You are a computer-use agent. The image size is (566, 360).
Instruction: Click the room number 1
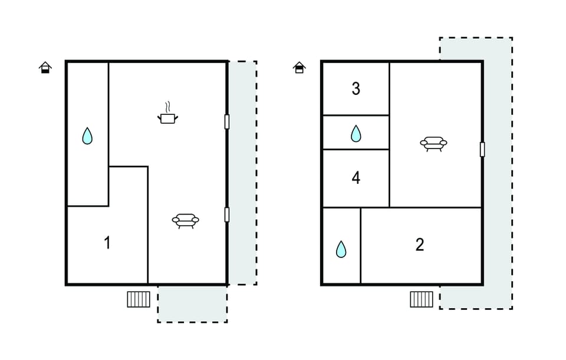click(x=107, y=243)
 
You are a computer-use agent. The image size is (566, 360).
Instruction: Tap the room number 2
click(x=419, y=245)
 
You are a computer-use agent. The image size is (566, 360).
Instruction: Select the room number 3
click(x=356, y=89)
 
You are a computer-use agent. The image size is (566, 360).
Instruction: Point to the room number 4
click(x=356, y=178)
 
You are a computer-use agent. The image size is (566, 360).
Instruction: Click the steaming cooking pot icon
click(x=168, y=113)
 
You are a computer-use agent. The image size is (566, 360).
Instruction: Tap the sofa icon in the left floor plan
click(x=186, y=220)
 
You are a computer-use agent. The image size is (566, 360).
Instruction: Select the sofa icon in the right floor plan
click(x=433, y=144)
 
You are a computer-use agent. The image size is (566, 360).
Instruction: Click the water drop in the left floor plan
click(x=87, y=136)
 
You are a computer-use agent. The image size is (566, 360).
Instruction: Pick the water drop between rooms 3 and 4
click(x=356, y=134)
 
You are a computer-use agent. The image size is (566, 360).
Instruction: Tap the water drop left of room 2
click(x=341, y=249)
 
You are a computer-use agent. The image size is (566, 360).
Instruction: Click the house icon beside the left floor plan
click(x=45, y=67)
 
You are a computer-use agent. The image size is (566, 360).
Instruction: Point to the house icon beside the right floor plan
click(x=300, y=67)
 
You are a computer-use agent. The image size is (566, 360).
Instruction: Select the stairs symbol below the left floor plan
click(x=139, y=299)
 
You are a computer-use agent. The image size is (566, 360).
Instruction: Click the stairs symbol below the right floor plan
click(x=422, y=299)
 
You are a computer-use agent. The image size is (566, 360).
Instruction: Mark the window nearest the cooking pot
click(x=227, y=121)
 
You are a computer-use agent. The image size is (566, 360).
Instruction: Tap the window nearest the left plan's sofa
click(x=227, y=214)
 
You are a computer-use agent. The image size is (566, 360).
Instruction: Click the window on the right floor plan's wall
click(x=482, y=149)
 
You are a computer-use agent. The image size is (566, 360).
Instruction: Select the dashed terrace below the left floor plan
click(x=192, y=303)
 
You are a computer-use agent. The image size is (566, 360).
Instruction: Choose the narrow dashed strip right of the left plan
click(x=243, y=173)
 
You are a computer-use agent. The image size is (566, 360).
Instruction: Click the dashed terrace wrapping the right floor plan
click(x=498, y=173)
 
